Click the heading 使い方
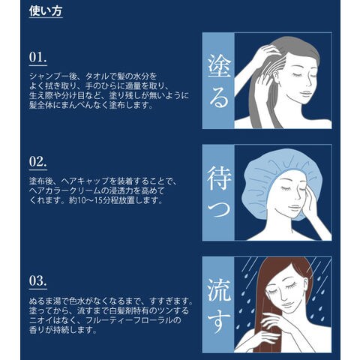(x=46, y=11)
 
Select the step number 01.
(x=37, y=57)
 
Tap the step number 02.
(x=37, y=161)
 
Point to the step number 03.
(x=37, y=280)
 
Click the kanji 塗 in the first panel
(x=219, y=65)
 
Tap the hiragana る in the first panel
(x=219, y=96)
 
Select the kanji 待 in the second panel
(x=219, y=178)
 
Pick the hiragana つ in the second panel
(x=218, y=208)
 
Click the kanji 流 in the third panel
(x=219, y=290)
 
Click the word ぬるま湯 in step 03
(x=45, y=301)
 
